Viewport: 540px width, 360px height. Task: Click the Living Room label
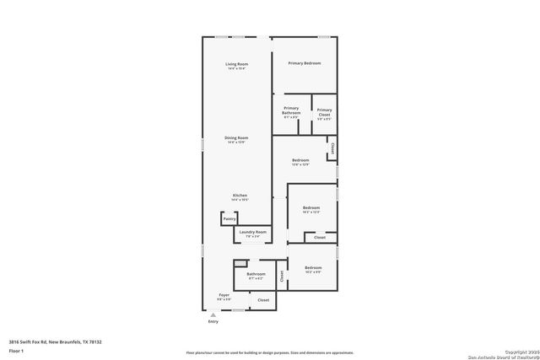tap(235, 65)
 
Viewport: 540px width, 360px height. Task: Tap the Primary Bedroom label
tap(304, 63)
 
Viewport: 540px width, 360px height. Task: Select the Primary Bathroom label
tap(291, 110)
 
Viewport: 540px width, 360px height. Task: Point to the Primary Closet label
tap(324, 110)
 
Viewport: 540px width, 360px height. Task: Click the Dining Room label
tap(235, 137)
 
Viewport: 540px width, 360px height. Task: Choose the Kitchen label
tap(240, 196)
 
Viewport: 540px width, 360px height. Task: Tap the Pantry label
tap(229, 219)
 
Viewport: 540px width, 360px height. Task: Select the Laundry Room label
tap(253, 232)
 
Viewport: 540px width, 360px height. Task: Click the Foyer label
tap(224, 295)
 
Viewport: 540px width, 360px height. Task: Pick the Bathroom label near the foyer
tap(256, 274)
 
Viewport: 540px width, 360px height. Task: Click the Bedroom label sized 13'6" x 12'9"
tap(301, 160)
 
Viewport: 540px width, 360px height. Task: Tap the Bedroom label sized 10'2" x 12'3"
tap(311, 207)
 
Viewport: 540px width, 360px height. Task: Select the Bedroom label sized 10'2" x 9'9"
tap(313, 268)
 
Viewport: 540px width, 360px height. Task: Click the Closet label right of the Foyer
tap(263, 299)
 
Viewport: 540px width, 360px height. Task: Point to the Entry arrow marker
tap(213, 314)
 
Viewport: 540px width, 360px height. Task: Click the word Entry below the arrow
tap(213, 321)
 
